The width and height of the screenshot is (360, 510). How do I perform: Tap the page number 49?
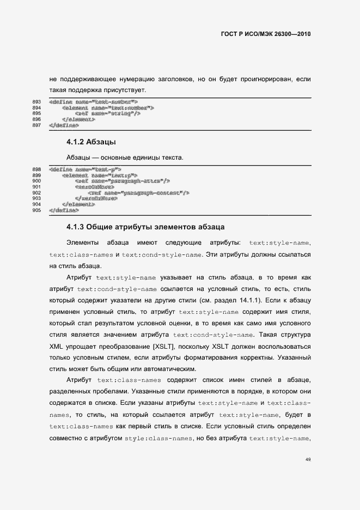308,460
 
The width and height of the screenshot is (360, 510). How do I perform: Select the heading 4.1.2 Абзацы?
90,143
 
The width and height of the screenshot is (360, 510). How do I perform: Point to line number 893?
37,102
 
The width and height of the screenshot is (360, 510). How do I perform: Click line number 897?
37,125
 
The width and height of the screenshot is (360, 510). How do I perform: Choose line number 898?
37,169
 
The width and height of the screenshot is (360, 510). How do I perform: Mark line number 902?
37,193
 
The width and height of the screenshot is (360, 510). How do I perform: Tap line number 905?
37,210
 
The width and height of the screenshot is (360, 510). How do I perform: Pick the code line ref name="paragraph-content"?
138,193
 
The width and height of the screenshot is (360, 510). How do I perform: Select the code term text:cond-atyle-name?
213,335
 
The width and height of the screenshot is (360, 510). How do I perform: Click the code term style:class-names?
157,439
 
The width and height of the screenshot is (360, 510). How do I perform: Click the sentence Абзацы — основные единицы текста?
125,158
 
